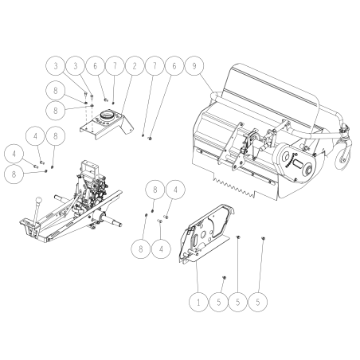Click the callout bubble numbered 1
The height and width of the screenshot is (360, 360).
197,303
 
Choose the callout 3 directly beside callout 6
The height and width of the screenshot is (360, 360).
76,64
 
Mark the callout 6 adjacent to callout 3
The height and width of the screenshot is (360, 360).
96,64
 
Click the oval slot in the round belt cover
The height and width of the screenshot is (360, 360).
302,165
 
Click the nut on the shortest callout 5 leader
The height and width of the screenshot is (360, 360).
223,278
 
